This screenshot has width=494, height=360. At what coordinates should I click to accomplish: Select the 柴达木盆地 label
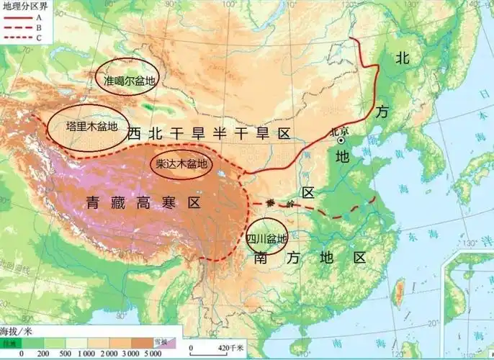click(x=181, y=164)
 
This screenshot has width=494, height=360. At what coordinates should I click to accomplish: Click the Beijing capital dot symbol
click(x=340, y=142)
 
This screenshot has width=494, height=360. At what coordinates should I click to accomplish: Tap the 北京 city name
click(x=338, y=131)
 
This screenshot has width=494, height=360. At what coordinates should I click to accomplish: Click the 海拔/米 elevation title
click(x=15, y=332)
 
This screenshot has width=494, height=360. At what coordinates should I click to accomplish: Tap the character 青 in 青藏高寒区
click(x=92, y=202)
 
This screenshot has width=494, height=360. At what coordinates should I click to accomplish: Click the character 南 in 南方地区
click(x=263, y=258)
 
